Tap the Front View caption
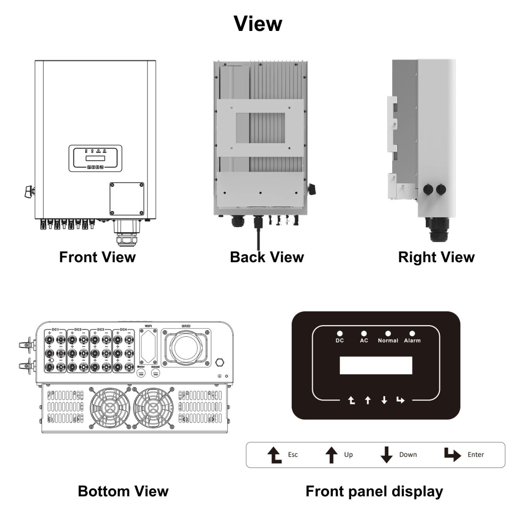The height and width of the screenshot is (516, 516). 97,257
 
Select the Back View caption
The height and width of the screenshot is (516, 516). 267,257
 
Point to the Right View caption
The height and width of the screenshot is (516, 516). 436,257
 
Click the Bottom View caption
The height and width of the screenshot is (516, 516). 123,491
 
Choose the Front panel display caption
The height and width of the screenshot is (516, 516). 374,491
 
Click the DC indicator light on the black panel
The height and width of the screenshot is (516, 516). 340,333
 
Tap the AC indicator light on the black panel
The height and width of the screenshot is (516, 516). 364,333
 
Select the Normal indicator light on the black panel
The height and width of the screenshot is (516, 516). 388,333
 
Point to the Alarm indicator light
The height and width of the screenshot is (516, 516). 412,333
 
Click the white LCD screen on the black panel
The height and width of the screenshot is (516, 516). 376,365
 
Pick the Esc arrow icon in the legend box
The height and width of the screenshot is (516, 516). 274,455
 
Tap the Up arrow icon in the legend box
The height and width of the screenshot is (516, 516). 331,455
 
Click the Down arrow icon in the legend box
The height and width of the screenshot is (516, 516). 387,455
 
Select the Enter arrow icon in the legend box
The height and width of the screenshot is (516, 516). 452,455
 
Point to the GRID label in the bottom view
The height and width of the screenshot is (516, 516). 186,326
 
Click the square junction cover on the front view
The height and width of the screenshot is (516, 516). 126,199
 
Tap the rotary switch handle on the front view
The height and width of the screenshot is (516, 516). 29,191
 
